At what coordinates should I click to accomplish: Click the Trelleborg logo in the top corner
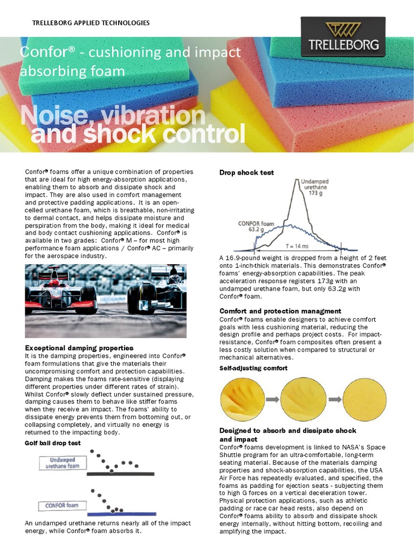(x=343, y=37)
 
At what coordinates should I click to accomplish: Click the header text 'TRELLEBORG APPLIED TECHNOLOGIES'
(x=91, y=23)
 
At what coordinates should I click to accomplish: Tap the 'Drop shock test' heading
(x=246, y=172)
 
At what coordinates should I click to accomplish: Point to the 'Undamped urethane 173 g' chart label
(x=317, y=187)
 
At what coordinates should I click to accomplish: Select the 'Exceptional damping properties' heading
(x=79, y=348)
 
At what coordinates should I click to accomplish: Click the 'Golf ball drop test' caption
(x=53, y=443)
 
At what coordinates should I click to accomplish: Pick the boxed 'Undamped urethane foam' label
(x=61, y=463)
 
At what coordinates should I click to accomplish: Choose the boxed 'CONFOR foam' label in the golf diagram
(x=59, y=506)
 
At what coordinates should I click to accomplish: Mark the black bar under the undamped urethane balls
(x=121, y=474)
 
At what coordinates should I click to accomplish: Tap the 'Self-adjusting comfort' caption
(x=253, y=368)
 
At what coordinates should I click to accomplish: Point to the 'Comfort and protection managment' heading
(x=280, y=311)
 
